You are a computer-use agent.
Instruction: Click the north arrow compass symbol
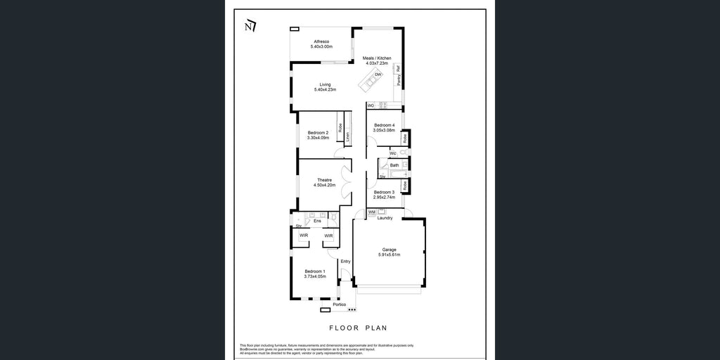[250, 26]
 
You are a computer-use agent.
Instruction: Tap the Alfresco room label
[321, 41]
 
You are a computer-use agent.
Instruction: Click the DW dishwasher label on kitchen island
[378, 75]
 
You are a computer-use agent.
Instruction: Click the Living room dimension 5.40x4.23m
[324, 90]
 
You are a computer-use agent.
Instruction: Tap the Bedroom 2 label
[318, 132]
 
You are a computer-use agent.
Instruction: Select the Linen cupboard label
[347, 136]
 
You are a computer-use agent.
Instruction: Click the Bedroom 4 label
[384, 125]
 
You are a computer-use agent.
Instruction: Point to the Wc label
[392, 153]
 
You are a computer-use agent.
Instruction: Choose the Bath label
[394, 165]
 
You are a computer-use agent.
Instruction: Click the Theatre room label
[324, 179]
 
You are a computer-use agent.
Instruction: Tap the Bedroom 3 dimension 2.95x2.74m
[384, 197]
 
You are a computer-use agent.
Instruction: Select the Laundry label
[385, 218]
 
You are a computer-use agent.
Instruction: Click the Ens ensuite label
[317, 221]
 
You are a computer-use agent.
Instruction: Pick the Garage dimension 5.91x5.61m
[389, 255]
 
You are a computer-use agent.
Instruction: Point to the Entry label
[345, 262]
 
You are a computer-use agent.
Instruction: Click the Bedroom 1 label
[314, 271]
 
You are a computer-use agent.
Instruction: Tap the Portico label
[340, 304]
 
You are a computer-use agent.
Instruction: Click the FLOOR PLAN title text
[359, 328]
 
